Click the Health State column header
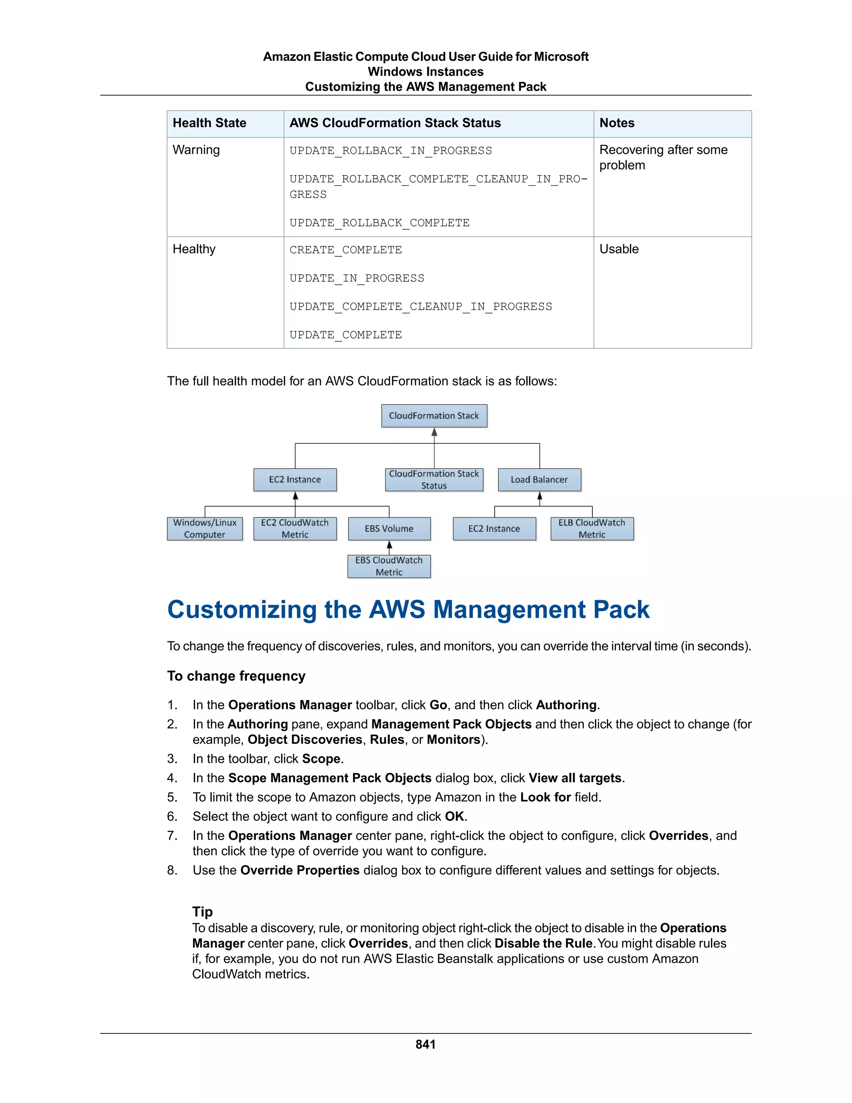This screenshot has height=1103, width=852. [x=210, y=123]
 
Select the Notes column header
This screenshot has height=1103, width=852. [x=617, y=123]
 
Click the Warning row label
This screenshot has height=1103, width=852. [x=196, y=150]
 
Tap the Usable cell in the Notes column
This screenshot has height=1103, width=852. [x=619, y=249]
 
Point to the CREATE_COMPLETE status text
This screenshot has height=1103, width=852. [x=346, y=250]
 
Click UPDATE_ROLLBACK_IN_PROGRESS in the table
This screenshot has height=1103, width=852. [x=391, y=151]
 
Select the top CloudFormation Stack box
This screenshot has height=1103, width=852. [x=434, y=416]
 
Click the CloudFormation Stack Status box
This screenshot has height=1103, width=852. [x=434, y=480]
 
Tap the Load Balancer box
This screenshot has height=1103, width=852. [x=539, y=480]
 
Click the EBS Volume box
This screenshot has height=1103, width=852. [x=389, y=529]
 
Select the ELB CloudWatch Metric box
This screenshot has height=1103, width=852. [x=592, y=529]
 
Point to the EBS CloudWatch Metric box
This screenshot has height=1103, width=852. [x=389, y=566]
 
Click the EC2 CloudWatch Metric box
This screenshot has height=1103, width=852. [x=295, y=529]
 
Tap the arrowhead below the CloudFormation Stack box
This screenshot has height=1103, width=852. [x=434, y=432]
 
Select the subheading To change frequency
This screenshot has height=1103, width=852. [x=236, y=676]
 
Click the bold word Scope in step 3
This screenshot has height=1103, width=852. [x=321, y=759]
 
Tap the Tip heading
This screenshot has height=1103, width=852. [x=203, y=912]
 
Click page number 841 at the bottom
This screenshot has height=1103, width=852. [x=426, y=1044]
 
